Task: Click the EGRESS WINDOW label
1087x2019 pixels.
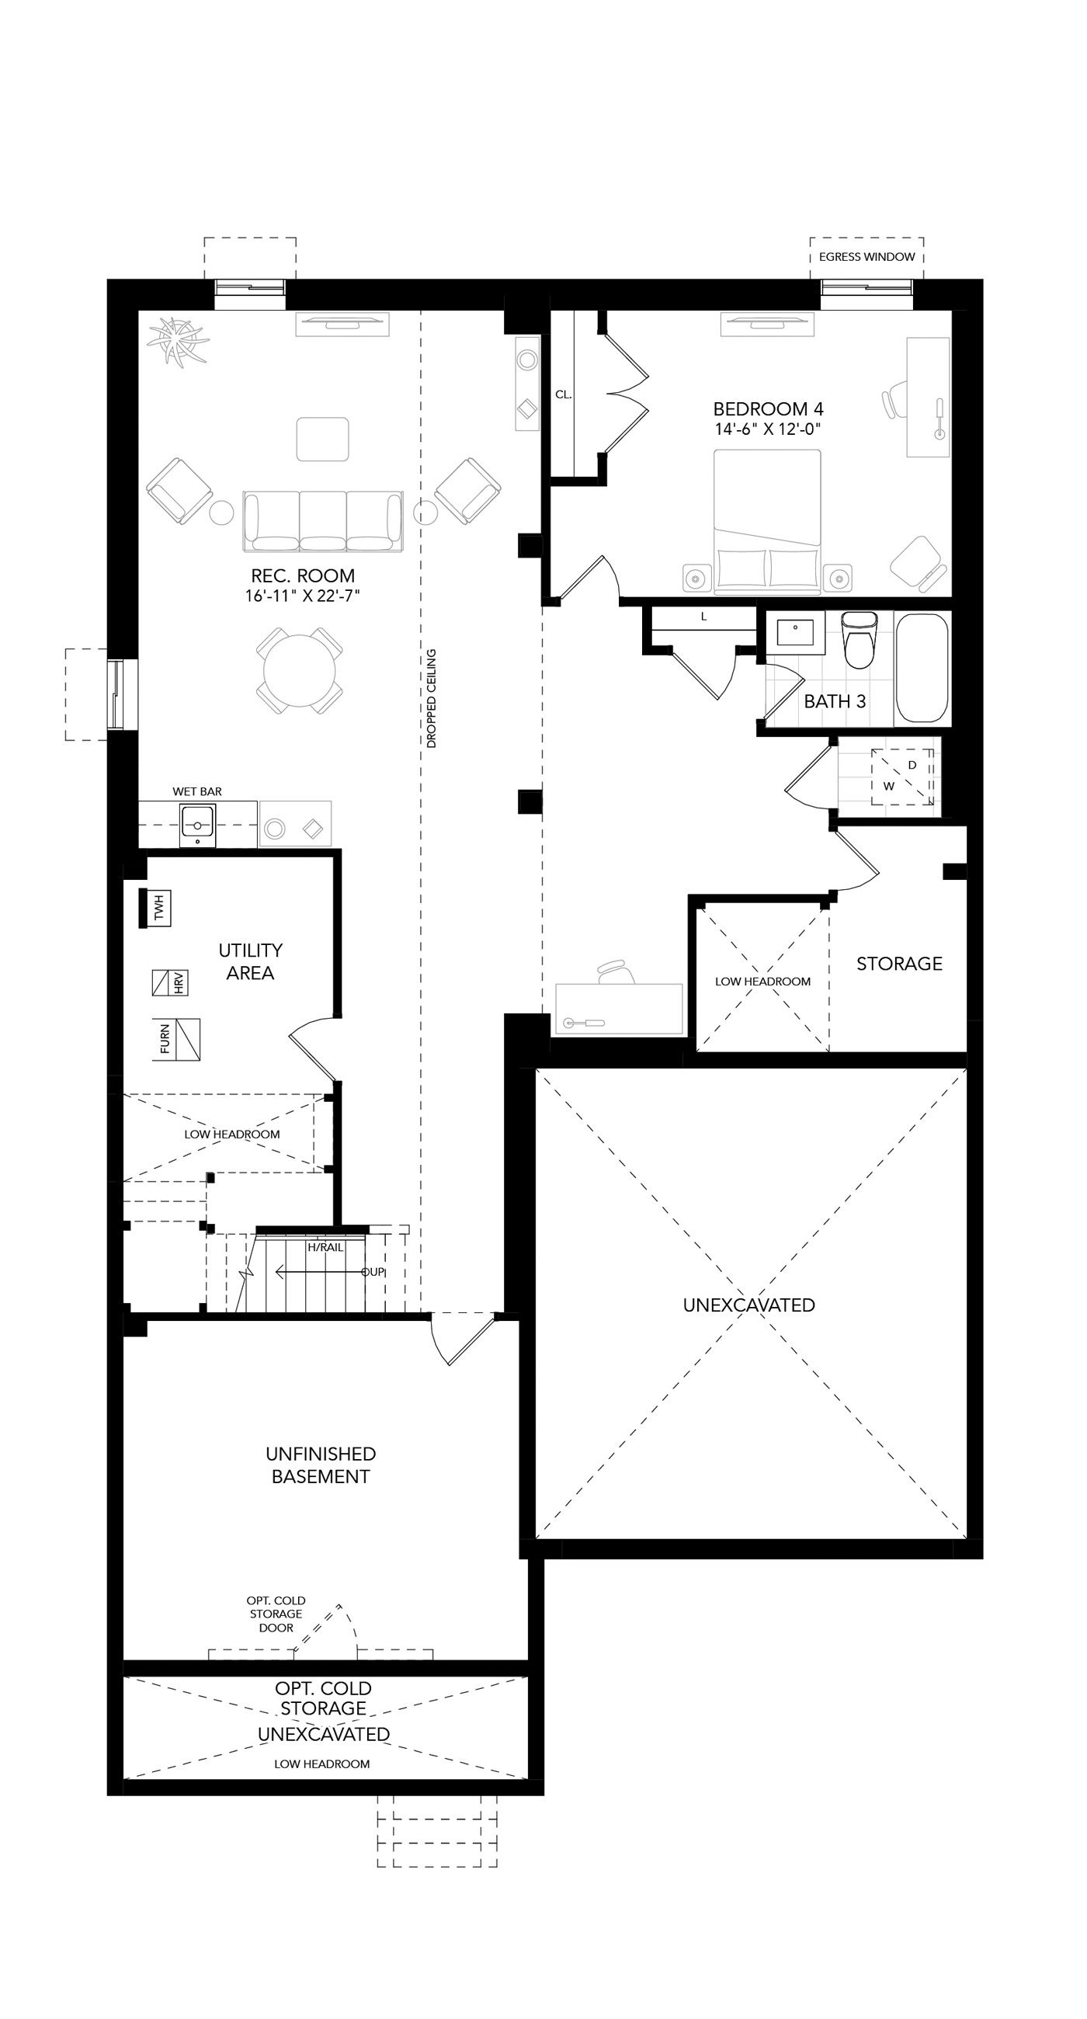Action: [866, 256]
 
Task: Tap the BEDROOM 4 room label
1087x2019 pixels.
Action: [767, 408]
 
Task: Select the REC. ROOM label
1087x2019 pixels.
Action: [303, 575]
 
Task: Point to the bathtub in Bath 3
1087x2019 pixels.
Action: [922, 668]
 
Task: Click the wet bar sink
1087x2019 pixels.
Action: [197, 824]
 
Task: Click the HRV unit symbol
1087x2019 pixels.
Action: [169, 983]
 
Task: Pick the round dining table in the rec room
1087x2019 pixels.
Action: [300, 670]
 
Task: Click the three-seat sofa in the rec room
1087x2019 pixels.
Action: [323, 521]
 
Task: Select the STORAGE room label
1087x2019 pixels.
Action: [899, 963]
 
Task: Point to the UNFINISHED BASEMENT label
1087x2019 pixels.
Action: [321, 1465]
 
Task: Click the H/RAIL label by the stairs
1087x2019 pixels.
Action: [325, 1247]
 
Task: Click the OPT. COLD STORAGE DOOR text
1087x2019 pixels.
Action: [276, 1614]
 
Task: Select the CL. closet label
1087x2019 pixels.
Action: [564, 394]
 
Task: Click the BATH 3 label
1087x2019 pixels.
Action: [835, 701]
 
